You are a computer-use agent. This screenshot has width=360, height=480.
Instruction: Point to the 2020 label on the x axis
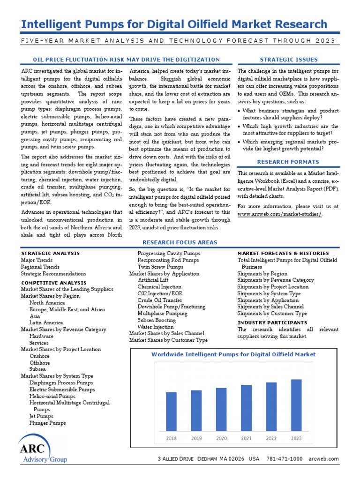coord(221,438)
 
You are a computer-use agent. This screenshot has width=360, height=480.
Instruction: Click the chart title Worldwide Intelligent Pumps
coord(233,354)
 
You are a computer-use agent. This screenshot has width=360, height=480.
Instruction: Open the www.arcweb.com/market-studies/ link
coord(280,214)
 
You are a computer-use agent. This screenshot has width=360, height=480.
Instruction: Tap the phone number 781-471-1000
coord(285,459)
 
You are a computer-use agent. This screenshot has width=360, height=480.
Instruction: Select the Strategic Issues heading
coord(288,60)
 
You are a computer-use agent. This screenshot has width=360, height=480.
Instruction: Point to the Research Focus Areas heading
coord(180,242)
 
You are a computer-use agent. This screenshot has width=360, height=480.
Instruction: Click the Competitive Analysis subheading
coord(54,283)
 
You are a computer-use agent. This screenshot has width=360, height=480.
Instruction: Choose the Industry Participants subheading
coord(272,322)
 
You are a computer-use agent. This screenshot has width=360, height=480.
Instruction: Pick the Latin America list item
coord(46,322)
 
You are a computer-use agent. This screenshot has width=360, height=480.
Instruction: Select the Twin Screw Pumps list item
coord(160,267)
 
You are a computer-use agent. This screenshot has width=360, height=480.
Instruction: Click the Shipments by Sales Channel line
coord(270,307)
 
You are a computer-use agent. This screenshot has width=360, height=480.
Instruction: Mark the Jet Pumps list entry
coord(41,416)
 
